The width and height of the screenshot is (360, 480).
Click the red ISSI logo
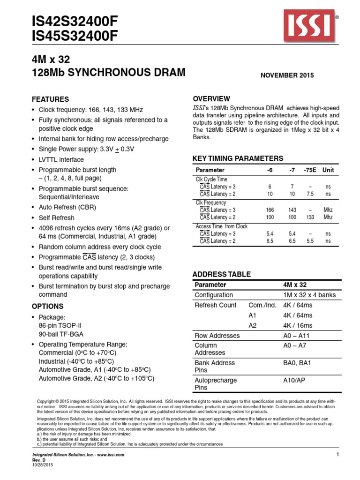pyautogui.click(x=308, y=26)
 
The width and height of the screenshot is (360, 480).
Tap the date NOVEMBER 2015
pyautogui.click(x=287, y=75)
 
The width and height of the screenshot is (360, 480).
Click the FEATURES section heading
pyautogui.click(x=50, y=99)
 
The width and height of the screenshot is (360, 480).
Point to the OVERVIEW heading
pyautogui.click(x=212, y=98)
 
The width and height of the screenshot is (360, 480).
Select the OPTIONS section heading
pyautogui.click(x=47, y=306)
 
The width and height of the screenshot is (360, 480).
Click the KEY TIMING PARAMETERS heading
pyautogui.click(x=238, y=158)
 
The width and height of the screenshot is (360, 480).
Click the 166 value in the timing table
pyautogui.click(x=270, y=210)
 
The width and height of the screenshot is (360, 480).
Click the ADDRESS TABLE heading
pyautogui.click(x=222, y=274)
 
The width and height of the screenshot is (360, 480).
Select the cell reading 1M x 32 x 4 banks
pyautogui.click(x=309, y=295)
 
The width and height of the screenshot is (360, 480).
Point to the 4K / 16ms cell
pyautogui.click(x=298, y=325)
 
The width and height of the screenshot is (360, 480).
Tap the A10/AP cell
pyautogui.click(x=294, y=380)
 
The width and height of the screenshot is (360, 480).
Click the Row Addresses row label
pyautogui.click(x=217, y=336)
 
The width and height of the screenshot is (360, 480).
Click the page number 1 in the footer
pyautogui.click(x=337, y=455)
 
